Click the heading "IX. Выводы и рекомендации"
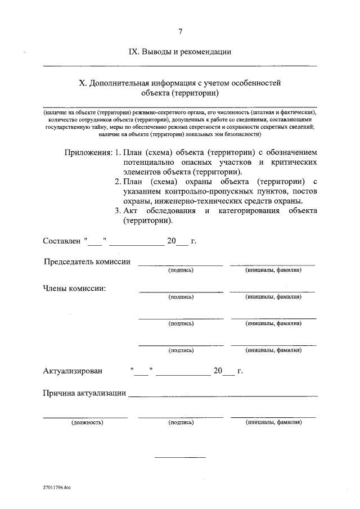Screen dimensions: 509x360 [x=180, y=52]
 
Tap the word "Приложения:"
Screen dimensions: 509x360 [x=88, y=152]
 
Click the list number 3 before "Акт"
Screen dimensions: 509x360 [x=116, y=211]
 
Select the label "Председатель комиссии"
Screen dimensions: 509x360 [x=88, y=262]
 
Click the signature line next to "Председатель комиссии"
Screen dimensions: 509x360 [x=181, y=264]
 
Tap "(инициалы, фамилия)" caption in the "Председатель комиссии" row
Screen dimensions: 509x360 [x=273, y=271]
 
